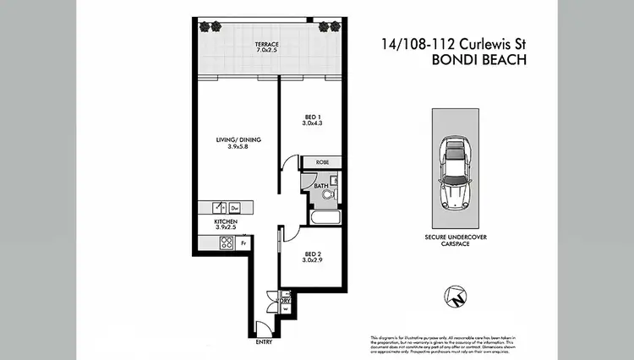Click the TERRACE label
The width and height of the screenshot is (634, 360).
click(x=267, y=47)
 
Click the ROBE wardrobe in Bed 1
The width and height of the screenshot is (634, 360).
click(x=322, y=161)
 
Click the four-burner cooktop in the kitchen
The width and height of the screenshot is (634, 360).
click(x=227, y=243)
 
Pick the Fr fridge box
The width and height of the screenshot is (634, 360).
click(x=244, y=243)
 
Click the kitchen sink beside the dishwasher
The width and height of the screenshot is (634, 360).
click(x=219, y=207)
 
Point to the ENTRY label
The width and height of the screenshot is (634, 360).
click(x=265, y=342)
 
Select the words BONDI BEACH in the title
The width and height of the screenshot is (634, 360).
click(x=478, y=60)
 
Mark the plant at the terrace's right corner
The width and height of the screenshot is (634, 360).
click(x=326, y=26)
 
